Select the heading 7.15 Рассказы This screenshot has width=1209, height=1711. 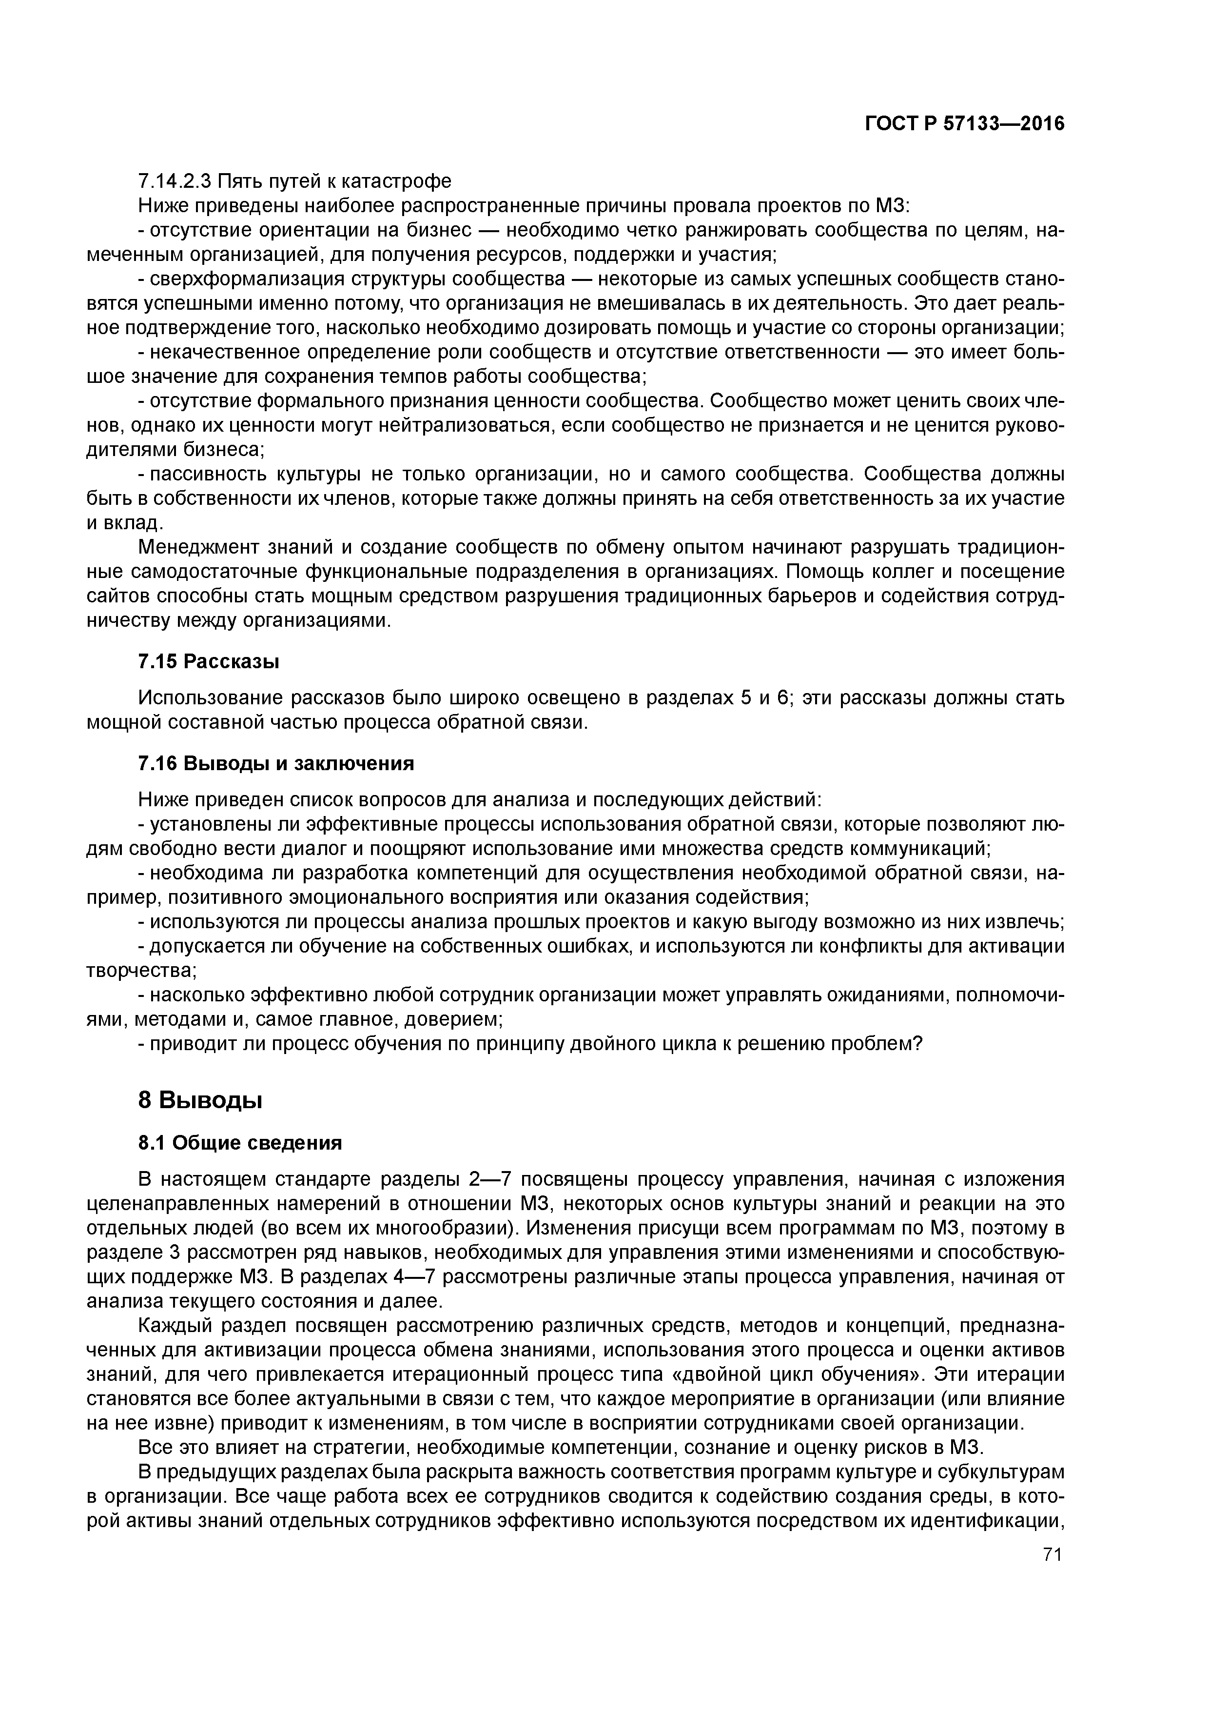tap(209, 660)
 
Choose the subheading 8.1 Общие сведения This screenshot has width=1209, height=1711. tap(240, 1142)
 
